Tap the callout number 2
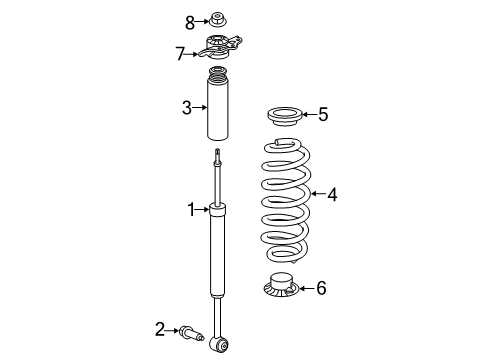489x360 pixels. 159,327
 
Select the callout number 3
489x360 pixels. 186,107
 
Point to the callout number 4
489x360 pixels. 331,196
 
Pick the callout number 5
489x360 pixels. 322,115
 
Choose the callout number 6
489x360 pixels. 320,288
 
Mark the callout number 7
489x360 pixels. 181,52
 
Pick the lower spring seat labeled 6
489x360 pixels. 279,288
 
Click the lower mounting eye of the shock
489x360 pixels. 222,345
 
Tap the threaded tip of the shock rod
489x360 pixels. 218,152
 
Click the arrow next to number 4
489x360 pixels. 316,195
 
